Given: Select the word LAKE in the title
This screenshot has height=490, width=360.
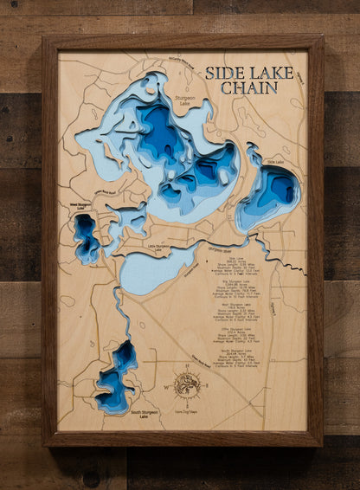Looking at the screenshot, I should tap(272, 73).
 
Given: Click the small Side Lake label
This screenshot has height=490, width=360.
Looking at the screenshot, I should tap(275, 162).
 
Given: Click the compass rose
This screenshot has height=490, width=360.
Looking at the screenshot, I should tap(188, 384).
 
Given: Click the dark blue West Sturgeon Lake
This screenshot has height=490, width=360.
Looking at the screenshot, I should tap(86, 235).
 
